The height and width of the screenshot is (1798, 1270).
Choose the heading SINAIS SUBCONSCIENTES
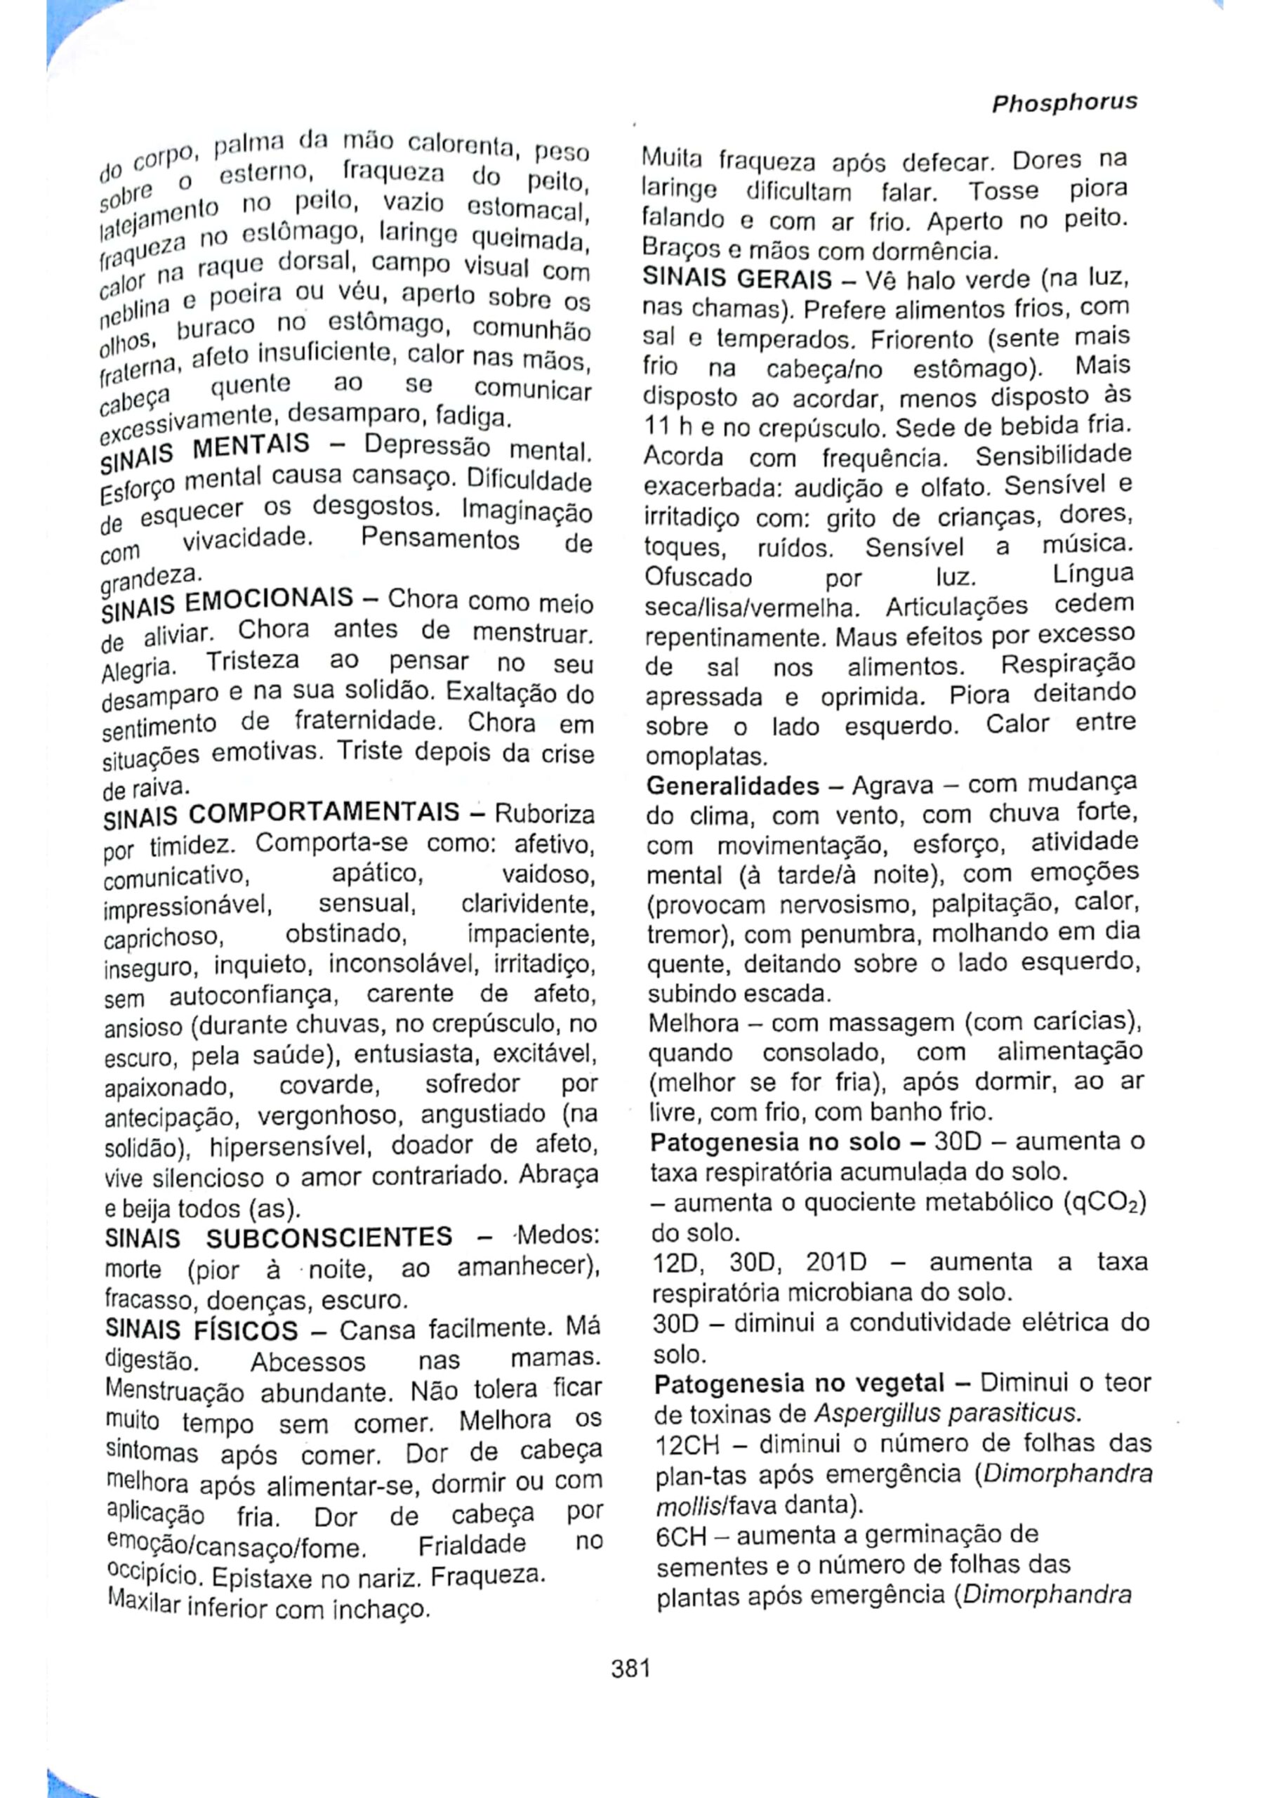(278, 1238)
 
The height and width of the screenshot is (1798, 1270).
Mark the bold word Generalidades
(733, 785)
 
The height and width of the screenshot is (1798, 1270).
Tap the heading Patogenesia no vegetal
(800, 1384)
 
